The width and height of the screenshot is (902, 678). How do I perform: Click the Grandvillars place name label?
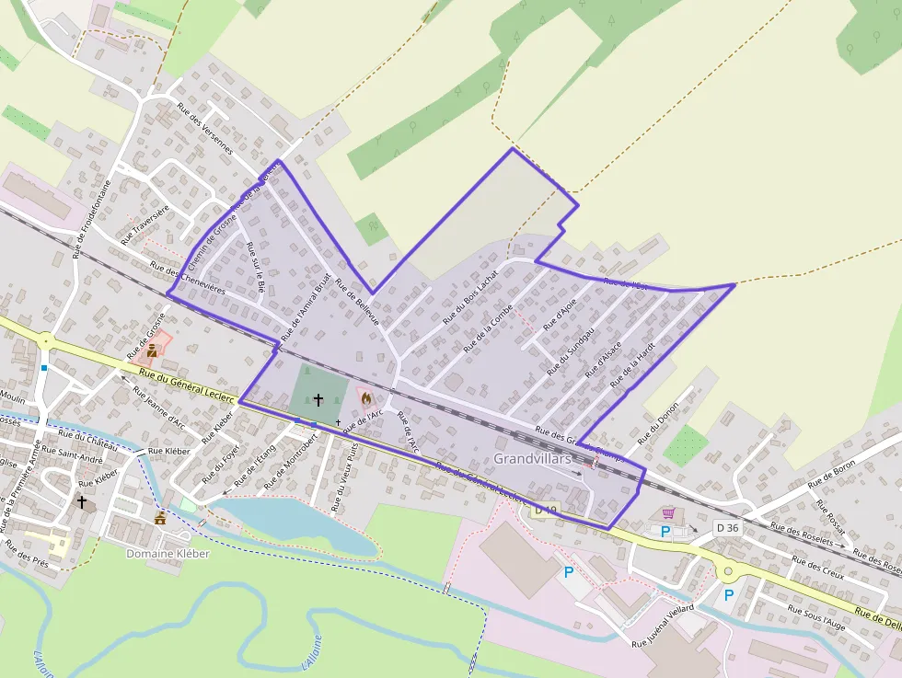point(532,458)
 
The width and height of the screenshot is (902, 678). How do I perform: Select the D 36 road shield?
point(727,527)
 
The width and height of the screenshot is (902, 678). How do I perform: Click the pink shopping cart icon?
point(668,513)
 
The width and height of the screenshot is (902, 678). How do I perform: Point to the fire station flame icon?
point(366,399)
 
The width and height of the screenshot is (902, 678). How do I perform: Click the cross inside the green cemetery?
point(318,400)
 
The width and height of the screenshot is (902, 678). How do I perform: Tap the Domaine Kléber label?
point(168,554)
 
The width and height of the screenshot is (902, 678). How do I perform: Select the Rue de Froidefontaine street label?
point(92,219)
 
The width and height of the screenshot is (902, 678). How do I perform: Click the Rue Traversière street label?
point(145,224)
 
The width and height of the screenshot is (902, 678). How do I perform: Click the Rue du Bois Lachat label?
point(469,296)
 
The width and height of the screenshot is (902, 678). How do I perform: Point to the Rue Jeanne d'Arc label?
point(158,407)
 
